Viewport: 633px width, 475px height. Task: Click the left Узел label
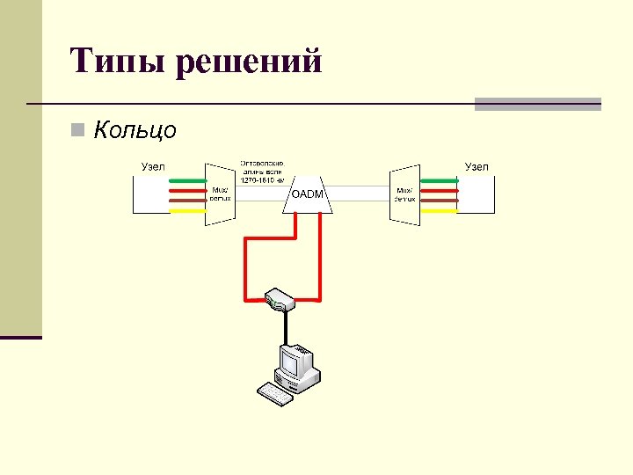tap(152, 167)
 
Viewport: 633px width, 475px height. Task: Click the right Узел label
tap(477, 166)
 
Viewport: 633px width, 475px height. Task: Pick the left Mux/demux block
tap(218, 194)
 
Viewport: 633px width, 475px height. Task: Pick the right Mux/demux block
tap(404, 194)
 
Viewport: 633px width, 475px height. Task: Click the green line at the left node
tap(182, 180)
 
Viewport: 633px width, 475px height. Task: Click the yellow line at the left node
tap(182, 209)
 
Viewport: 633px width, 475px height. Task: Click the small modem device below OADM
tap(279, 299)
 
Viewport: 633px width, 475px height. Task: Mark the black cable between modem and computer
tap(284, 327)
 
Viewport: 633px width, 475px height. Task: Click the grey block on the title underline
tap(537, 104)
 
